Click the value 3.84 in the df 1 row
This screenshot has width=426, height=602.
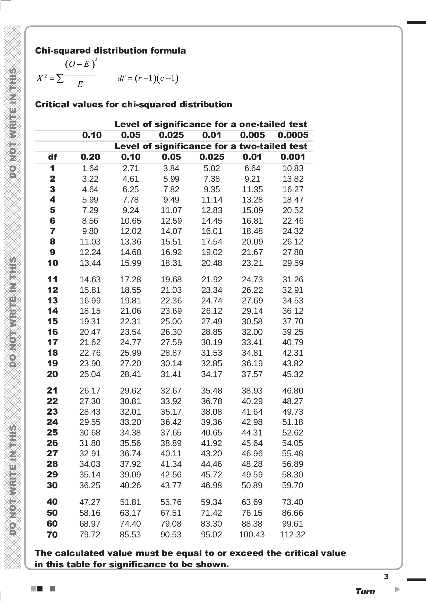click(x=171, y=168)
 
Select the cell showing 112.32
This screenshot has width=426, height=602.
click(x=293, y=534)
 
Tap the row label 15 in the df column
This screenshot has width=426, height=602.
click(x=53, y=321)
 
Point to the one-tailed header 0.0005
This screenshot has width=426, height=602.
click(x=293, y=135)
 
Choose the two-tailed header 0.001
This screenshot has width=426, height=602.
click(x=293, y=157)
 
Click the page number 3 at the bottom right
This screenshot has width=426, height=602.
click(x=386, y=577)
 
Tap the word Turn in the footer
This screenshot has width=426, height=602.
click(x=365, y=591)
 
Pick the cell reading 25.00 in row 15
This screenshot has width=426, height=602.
click(x=171, y=321)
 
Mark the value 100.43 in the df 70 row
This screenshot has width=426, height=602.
click(x=252, y=534)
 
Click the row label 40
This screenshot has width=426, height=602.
click(x=52, y=502)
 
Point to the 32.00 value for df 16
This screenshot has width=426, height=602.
click(x=252, y=332)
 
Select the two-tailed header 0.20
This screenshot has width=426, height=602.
click(x=90, y=157)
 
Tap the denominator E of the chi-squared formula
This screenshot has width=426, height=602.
click(x=80, y=84)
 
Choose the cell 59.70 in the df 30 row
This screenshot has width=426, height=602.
click(x=293, y=485)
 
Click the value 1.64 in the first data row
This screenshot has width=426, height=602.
click(x=90, y=168)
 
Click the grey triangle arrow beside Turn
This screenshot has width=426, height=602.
click(x=397, y=589)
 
